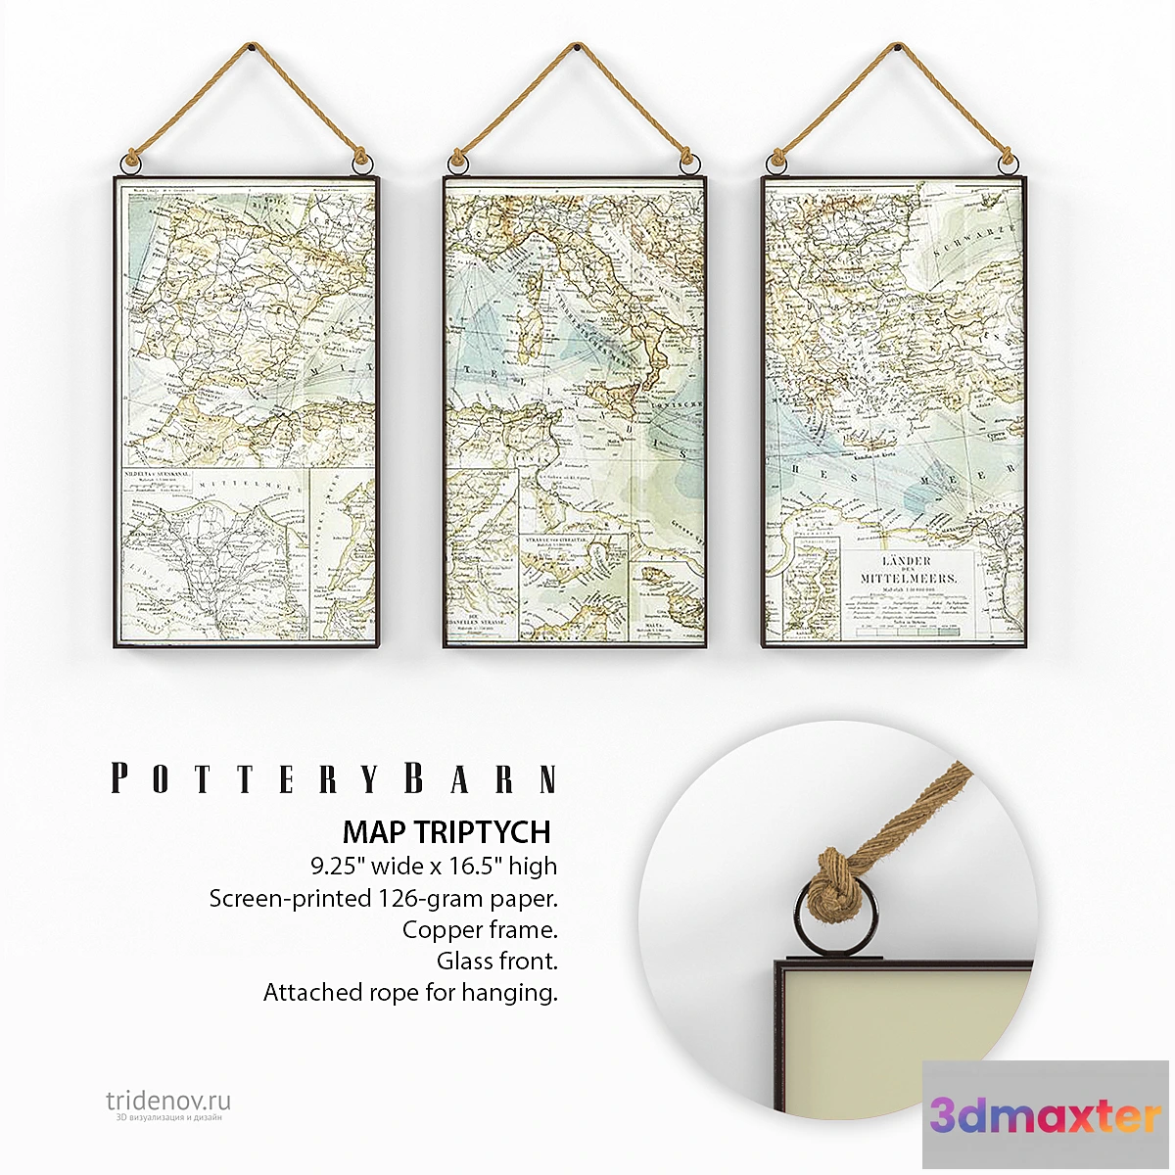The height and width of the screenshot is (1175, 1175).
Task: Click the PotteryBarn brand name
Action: [x=334, y=779]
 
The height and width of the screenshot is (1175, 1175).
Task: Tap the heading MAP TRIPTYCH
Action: [x=447, y=831]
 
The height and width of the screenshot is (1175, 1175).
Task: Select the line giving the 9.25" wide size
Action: [x=434, y=866]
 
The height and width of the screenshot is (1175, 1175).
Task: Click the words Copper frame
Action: [x=480, y=929]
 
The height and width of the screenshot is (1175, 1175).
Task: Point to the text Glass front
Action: [x=497, y=961]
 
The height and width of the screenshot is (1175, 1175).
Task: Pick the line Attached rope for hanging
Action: [x=410, y=992]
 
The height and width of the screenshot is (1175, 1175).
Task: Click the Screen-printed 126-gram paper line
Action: [x=383, y=898]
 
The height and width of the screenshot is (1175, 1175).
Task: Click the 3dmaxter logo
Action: [x=1046, y=1115]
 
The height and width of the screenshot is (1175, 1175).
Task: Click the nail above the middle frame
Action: [x=576, y=46]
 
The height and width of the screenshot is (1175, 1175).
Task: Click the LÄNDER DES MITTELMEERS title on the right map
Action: [x=907, y=569]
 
